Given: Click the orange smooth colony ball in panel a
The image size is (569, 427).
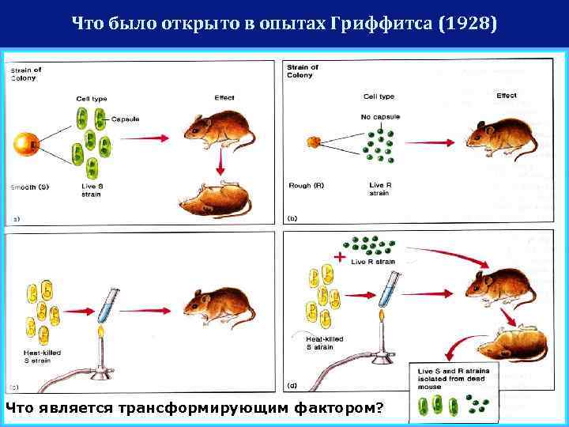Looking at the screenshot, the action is pyautogui.click(x=26, y=145).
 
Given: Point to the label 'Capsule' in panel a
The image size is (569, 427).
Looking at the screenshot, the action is pyautogui.click(x=125, y=119).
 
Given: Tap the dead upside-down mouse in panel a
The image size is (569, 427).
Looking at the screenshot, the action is pyautogui.click(x=214, y=199).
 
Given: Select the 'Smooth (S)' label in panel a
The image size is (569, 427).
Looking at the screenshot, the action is pyautogui.click(x=30, y=187).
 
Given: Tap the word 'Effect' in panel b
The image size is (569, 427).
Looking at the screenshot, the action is pyautogui.click(x=507, y=96).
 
